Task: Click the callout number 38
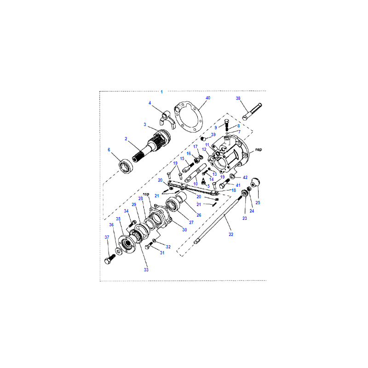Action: click(x=238, y=98)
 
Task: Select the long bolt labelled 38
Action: click(x=252, y=112)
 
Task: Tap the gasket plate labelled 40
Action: click(x=189, y=117)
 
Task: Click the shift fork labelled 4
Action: click(x=167, y=120)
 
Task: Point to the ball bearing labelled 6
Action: click(x=126, y=166)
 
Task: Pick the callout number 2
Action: click(x=126, y=139)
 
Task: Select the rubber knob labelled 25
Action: click(x=255, y=183)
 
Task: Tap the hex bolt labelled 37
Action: click(x=110, y=259)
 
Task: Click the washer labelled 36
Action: click(x=119, y=251)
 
